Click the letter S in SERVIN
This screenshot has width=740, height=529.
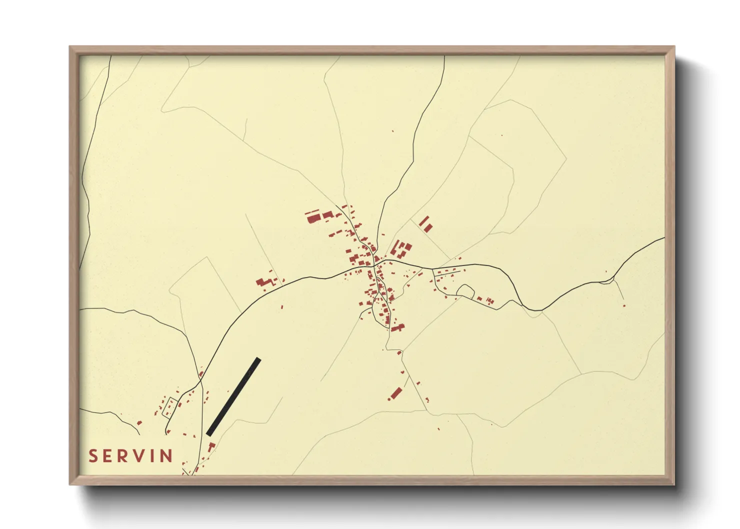click(93, 456)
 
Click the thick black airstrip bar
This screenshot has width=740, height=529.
click(233, 396)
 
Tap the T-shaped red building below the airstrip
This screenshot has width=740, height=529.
click(211, 445)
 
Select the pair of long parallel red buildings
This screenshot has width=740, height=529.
click(425, 224)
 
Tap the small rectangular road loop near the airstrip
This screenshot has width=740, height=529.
click(170, 406)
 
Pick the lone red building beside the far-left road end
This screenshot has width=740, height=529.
click(139, 423)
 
